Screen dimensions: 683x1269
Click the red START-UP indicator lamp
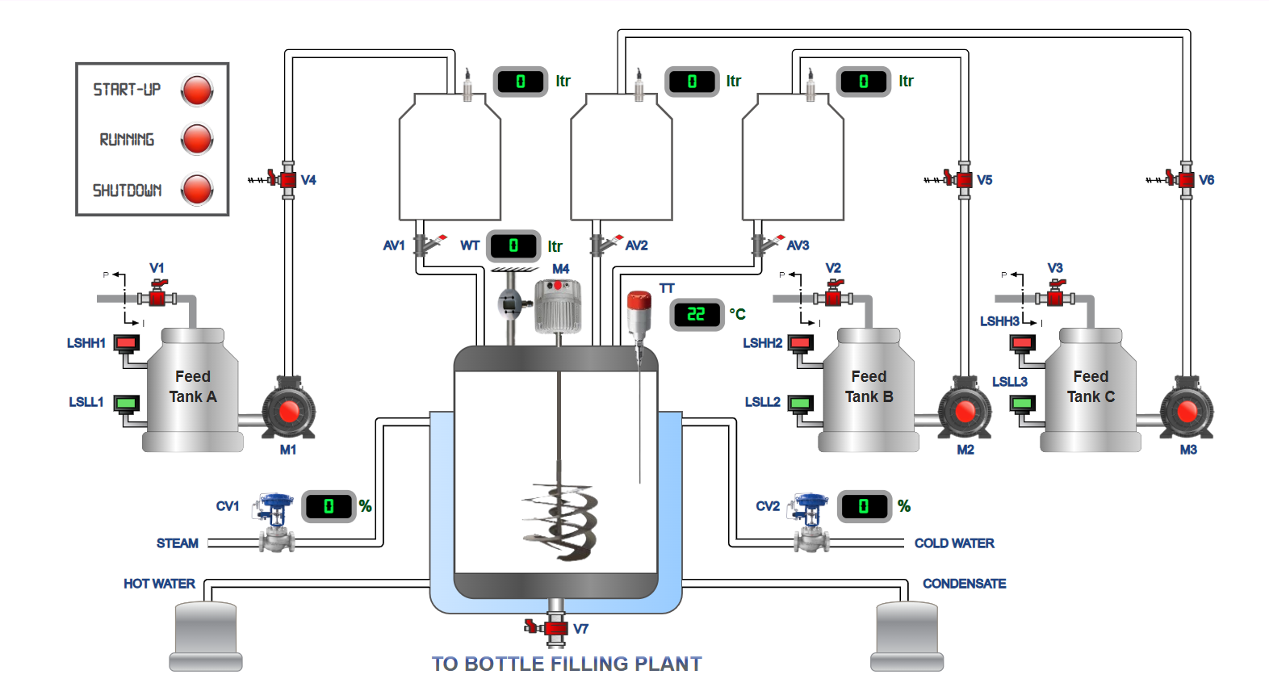(x=197, y=90)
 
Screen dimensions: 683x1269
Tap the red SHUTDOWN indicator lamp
(x=197, y=190)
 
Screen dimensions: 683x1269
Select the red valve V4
(x=287, y=180)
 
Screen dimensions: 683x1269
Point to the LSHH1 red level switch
(x=126, y=344)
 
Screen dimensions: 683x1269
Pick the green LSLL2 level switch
(x=800, y=403)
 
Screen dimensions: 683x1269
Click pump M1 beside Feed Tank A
(x=289, y=411)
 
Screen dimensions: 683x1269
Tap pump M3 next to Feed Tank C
(x=1187, y=411)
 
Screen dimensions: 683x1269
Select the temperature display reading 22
(x=696, y=314)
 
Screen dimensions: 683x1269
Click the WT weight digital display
(x=513, y=245)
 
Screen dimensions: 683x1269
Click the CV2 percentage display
(x=864, y=506)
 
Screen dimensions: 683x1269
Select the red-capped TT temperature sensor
(x=639, y=315)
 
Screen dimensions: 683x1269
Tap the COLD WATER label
(x=954, y=543)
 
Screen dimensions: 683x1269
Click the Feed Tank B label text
(x=869, y=387)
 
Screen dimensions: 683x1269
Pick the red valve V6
(x=1186, y=180)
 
